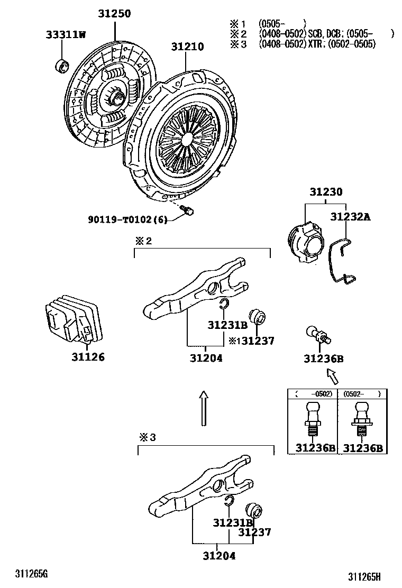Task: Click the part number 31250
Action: click(x=114, y=14)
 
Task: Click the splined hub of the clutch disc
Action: click(x=117, y=96)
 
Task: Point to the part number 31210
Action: click(x=187, y=47)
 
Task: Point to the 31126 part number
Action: click(x=88, y=357)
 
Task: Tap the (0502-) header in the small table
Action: click(x=362, y=394)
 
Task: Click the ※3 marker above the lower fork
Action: click(x=148, y=438)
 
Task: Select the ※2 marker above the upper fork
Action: click(x=143, y=241)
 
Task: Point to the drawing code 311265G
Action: click(x=31, y=574)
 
